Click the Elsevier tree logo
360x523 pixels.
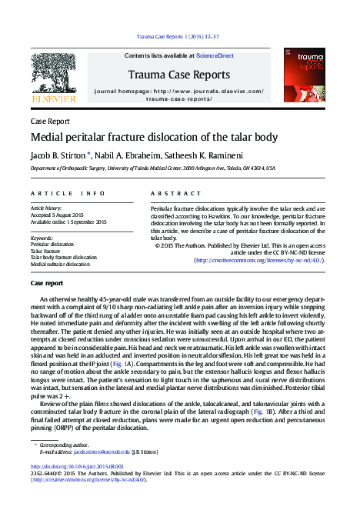53,74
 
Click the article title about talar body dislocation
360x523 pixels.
154,137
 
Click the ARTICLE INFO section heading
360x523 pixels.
68,193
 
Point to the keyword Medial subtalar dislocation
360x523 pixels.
60,264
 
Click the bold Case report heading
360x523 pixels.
47,284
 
